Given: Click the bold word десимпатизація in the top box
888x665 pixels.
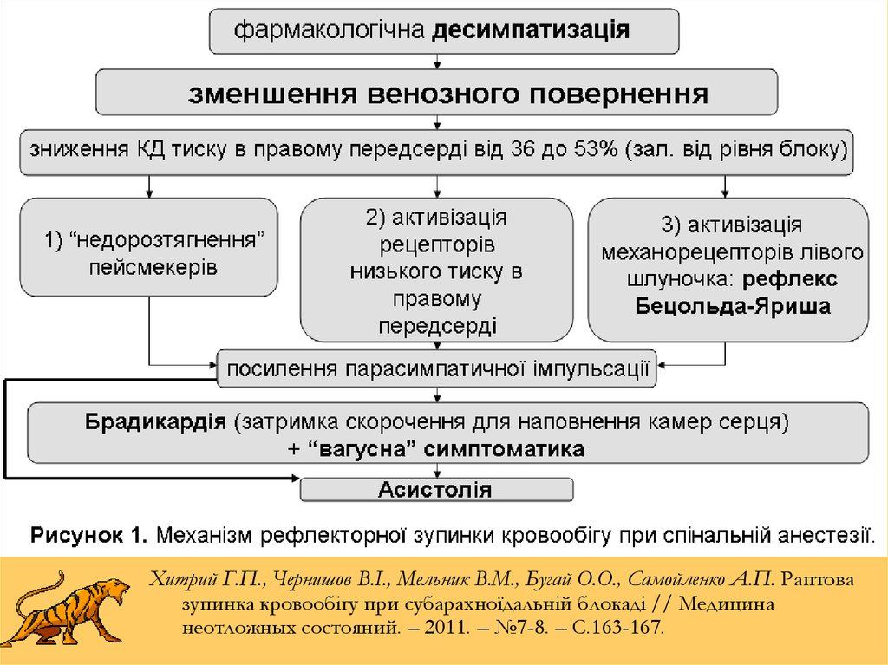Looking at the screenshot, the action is click(x=531, y=30).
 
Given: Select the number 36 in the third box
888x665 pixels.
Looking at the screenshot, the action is click(x=521, y=149).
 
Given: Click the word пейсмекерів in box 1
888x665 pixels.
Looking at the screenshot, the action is click(x=153, y=267).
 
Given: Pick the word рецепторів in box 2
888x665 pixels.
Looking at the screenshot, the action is click(x=437, y=244).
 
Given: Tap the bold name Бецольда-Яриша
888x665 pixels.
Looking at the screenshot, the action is click(x=733, y=306).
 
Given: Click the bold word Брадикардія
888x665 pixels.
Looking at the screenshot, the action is click(x=156, y=421).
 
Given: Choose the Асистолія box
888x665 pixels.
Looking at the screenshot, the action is click(x=437, y=489).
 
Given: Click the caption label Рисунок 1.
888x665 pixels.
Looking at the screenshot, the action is click(x=89, y=535).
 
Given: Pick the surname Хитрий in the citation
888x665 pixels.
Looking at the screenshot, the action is click(x=184, y=579).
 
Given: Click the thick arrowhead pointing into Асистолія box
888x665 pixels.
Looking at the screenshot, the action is click(x=295, y=479).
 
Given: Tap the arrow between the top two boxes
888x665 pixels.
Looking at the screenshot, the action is click(x=437, y=62).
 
